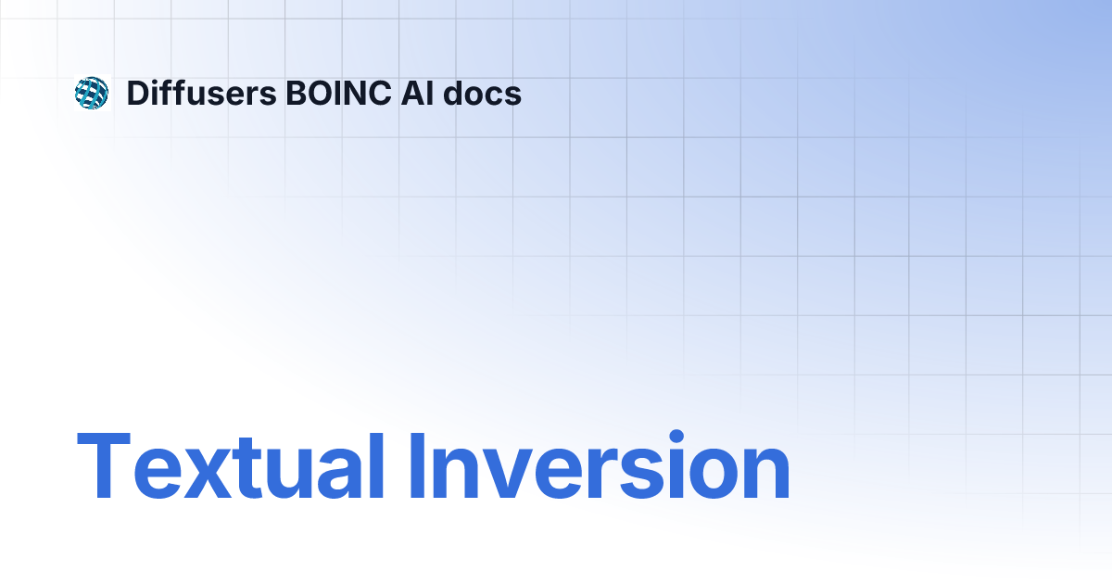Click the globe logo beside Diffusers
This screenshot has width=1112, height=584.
pyautogui.click(x=92, y=93)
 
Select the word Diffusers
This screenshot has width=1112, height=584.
pyautogui.click(x=202, y=93)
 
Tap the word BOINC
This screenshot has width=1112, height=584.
pyautogui.click(x=338, y=93)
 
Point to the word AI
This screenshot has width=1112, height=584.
pyautogui.click(x=418, y=93)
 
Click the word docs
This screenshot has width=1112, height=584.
pyautogui.click(x=482, y=93)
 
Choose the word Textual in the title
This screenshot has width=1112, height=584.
pyautogui.click(x=231, y=465)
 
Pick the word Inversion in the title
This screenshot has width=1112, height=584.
pyautogui.click(x=600, y=465)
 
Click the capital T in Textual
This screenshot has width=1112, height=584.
pyautogui.click(x=104, y=465)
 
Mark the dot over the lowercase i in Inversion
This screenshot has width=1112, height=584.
pyautogui.click(x=676, y=437)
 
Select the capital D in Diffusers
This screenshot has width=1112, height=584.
pyautogui.click(x=139, y=93)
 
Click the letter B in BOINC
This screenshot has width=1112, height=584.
pyautogui.click(x=297, y=93)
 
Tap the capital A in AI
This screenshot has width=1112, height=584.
pyautogui.click(x=413, y=93)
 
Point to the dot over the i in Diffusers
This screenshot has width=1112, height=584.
pyautogui.click(x=160, y=82)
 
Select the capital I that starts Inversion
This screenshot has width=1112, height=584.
pyautogui.click(x=416, y=465)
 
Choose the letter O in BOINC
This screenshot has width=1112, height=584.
pyautogui.click(x=322, y=93)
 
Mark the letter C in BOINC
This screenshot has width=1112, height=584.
pyautogui.click(x=380, y=93)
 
